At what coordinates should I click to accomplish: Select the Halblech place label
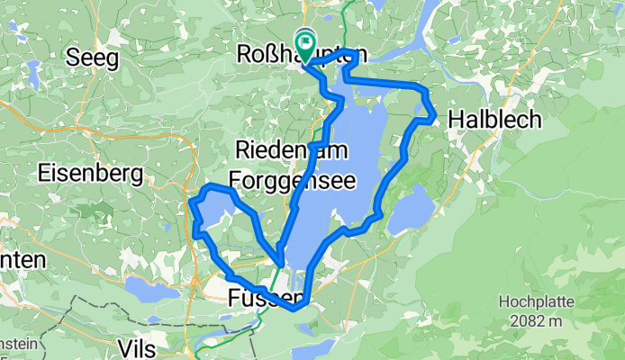494,118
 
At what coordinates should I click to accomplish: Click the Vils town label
137,347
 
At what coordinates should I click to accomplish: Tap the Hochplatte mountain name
536,304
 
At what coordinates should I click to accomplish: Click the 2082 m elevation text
536,321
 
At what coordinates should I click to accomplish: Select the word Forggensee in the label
289,177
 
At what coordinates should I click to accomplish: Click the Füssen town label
263,297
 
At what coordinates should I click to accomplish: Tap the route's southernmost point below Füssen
294,310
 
